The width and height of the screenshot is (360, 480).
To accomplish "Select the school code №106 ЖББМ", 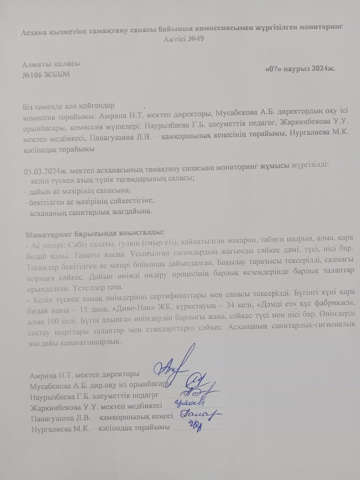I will pyautogui.click(x=46, y=74).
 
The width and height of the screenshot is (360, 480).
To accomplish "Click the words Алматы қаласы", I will pyautogui.click(x=51, y=64).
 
